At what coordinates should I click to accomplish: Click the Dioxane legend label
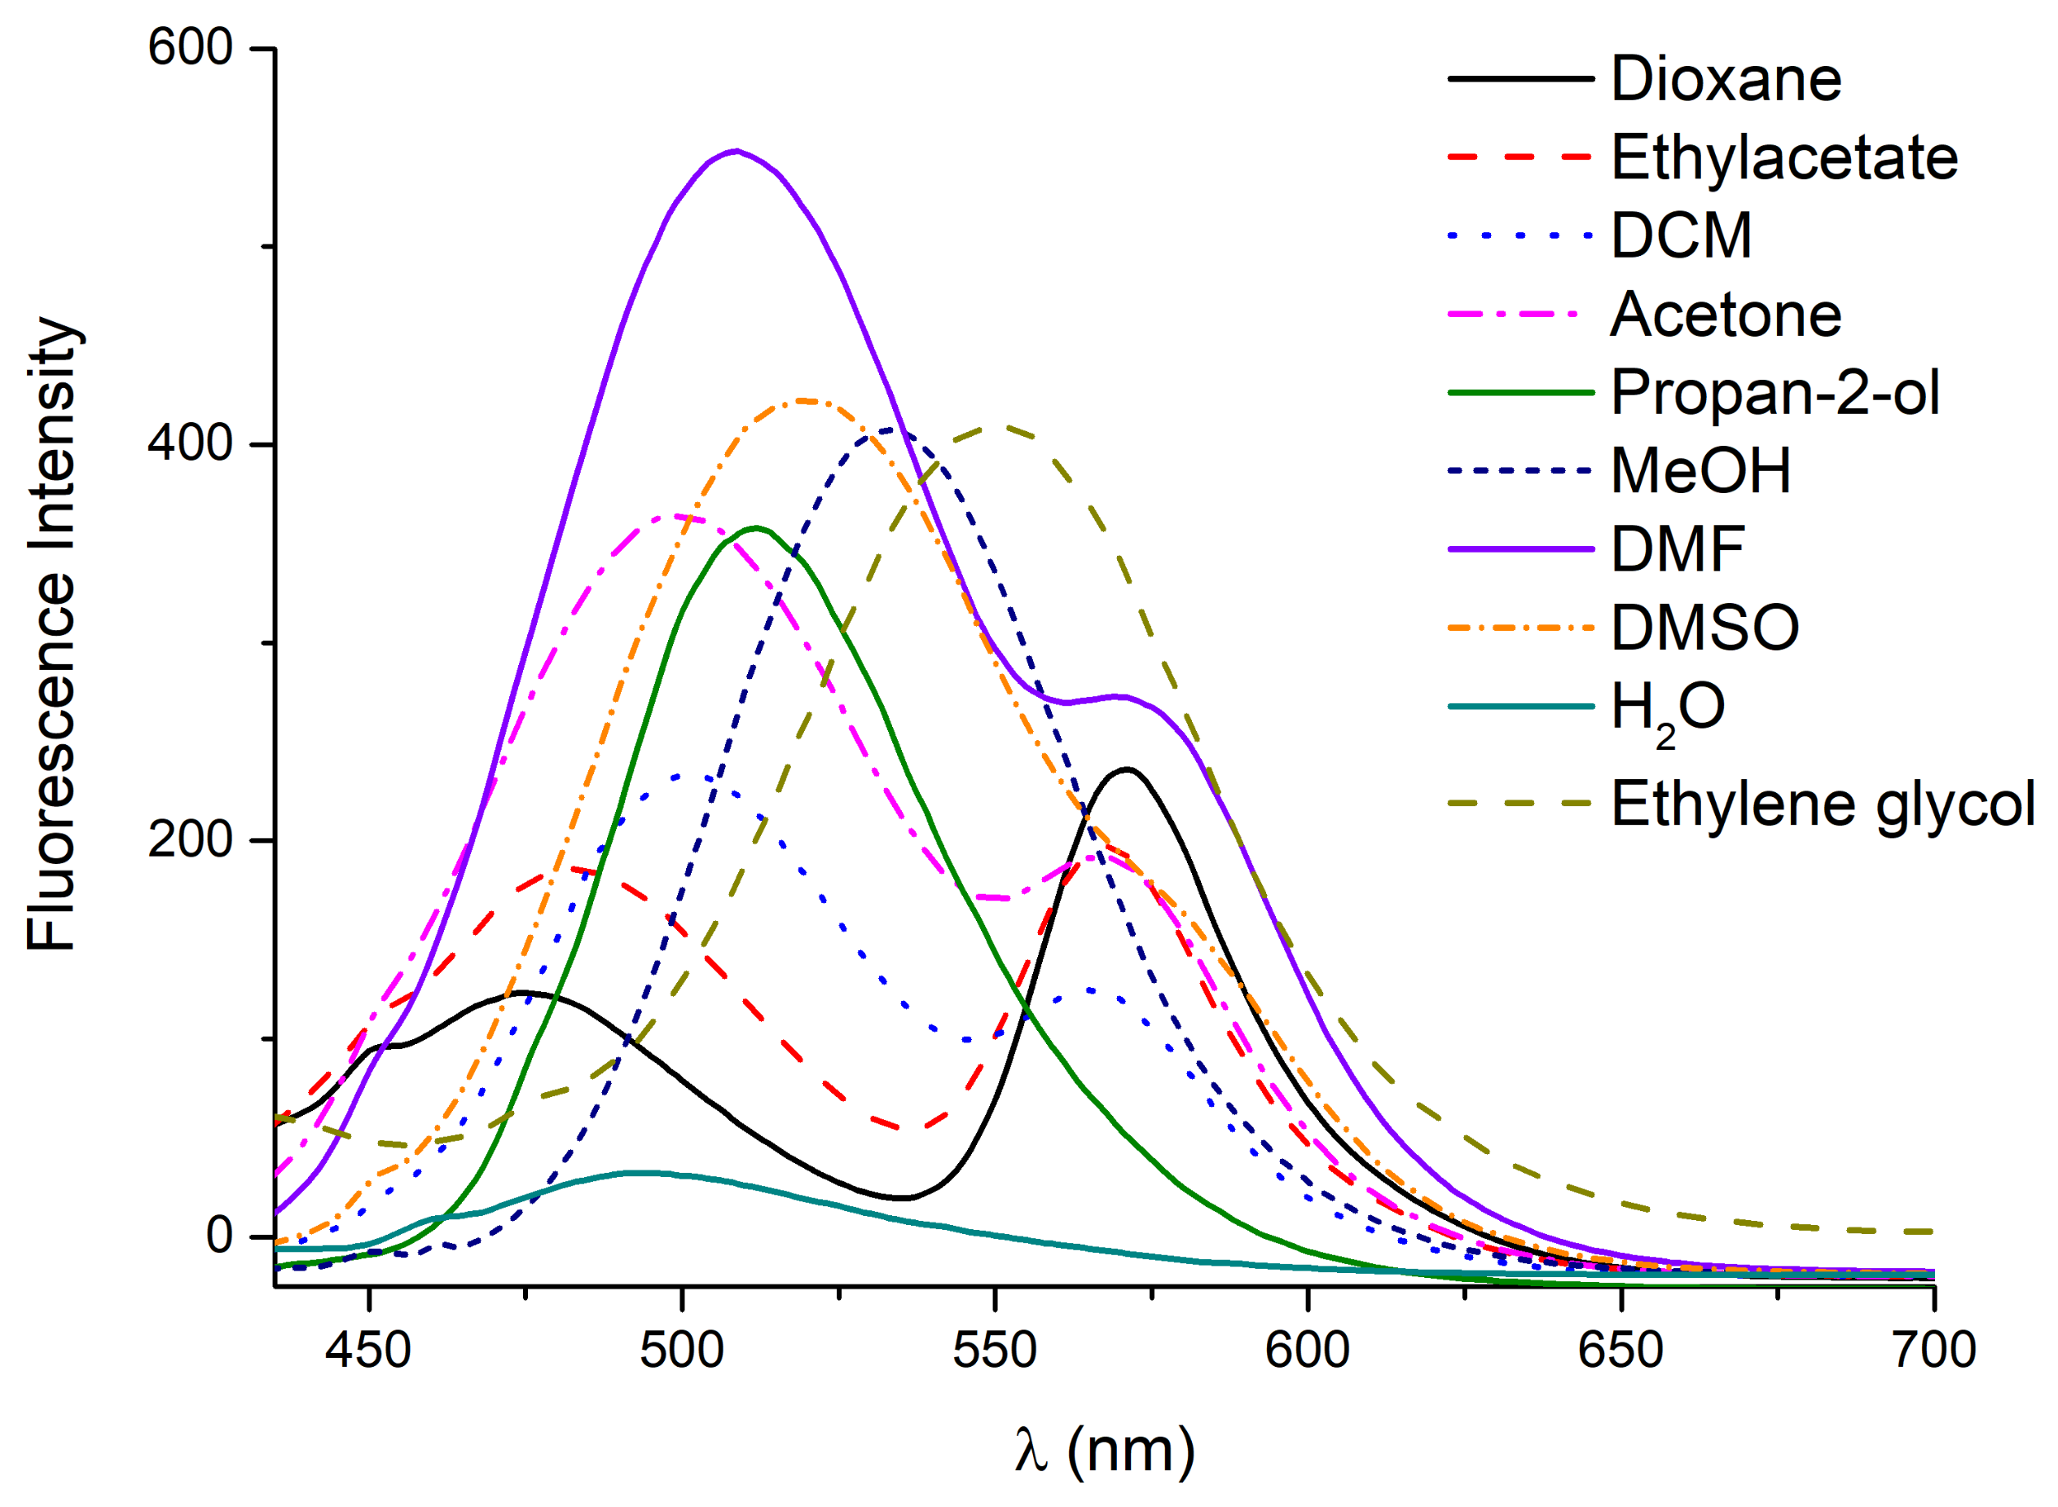1724,79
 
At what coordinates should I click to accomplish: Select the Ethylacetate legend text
1783,158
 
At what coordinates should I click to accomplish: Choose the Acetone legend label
1724,315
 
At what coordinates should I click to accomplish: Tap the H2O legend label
1666,709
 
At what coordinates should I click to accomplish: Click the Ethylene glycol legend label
1822,804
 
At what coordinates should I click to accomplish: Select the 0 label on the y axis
219,1236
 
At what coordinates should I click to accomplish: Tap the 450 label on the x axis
367,1350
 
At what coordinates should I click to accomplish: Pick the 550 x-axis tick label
994,1350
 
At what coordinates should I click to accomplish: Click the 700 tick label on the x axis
1933,1350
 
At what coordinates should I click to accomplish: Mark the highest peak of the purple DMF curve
736,151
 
